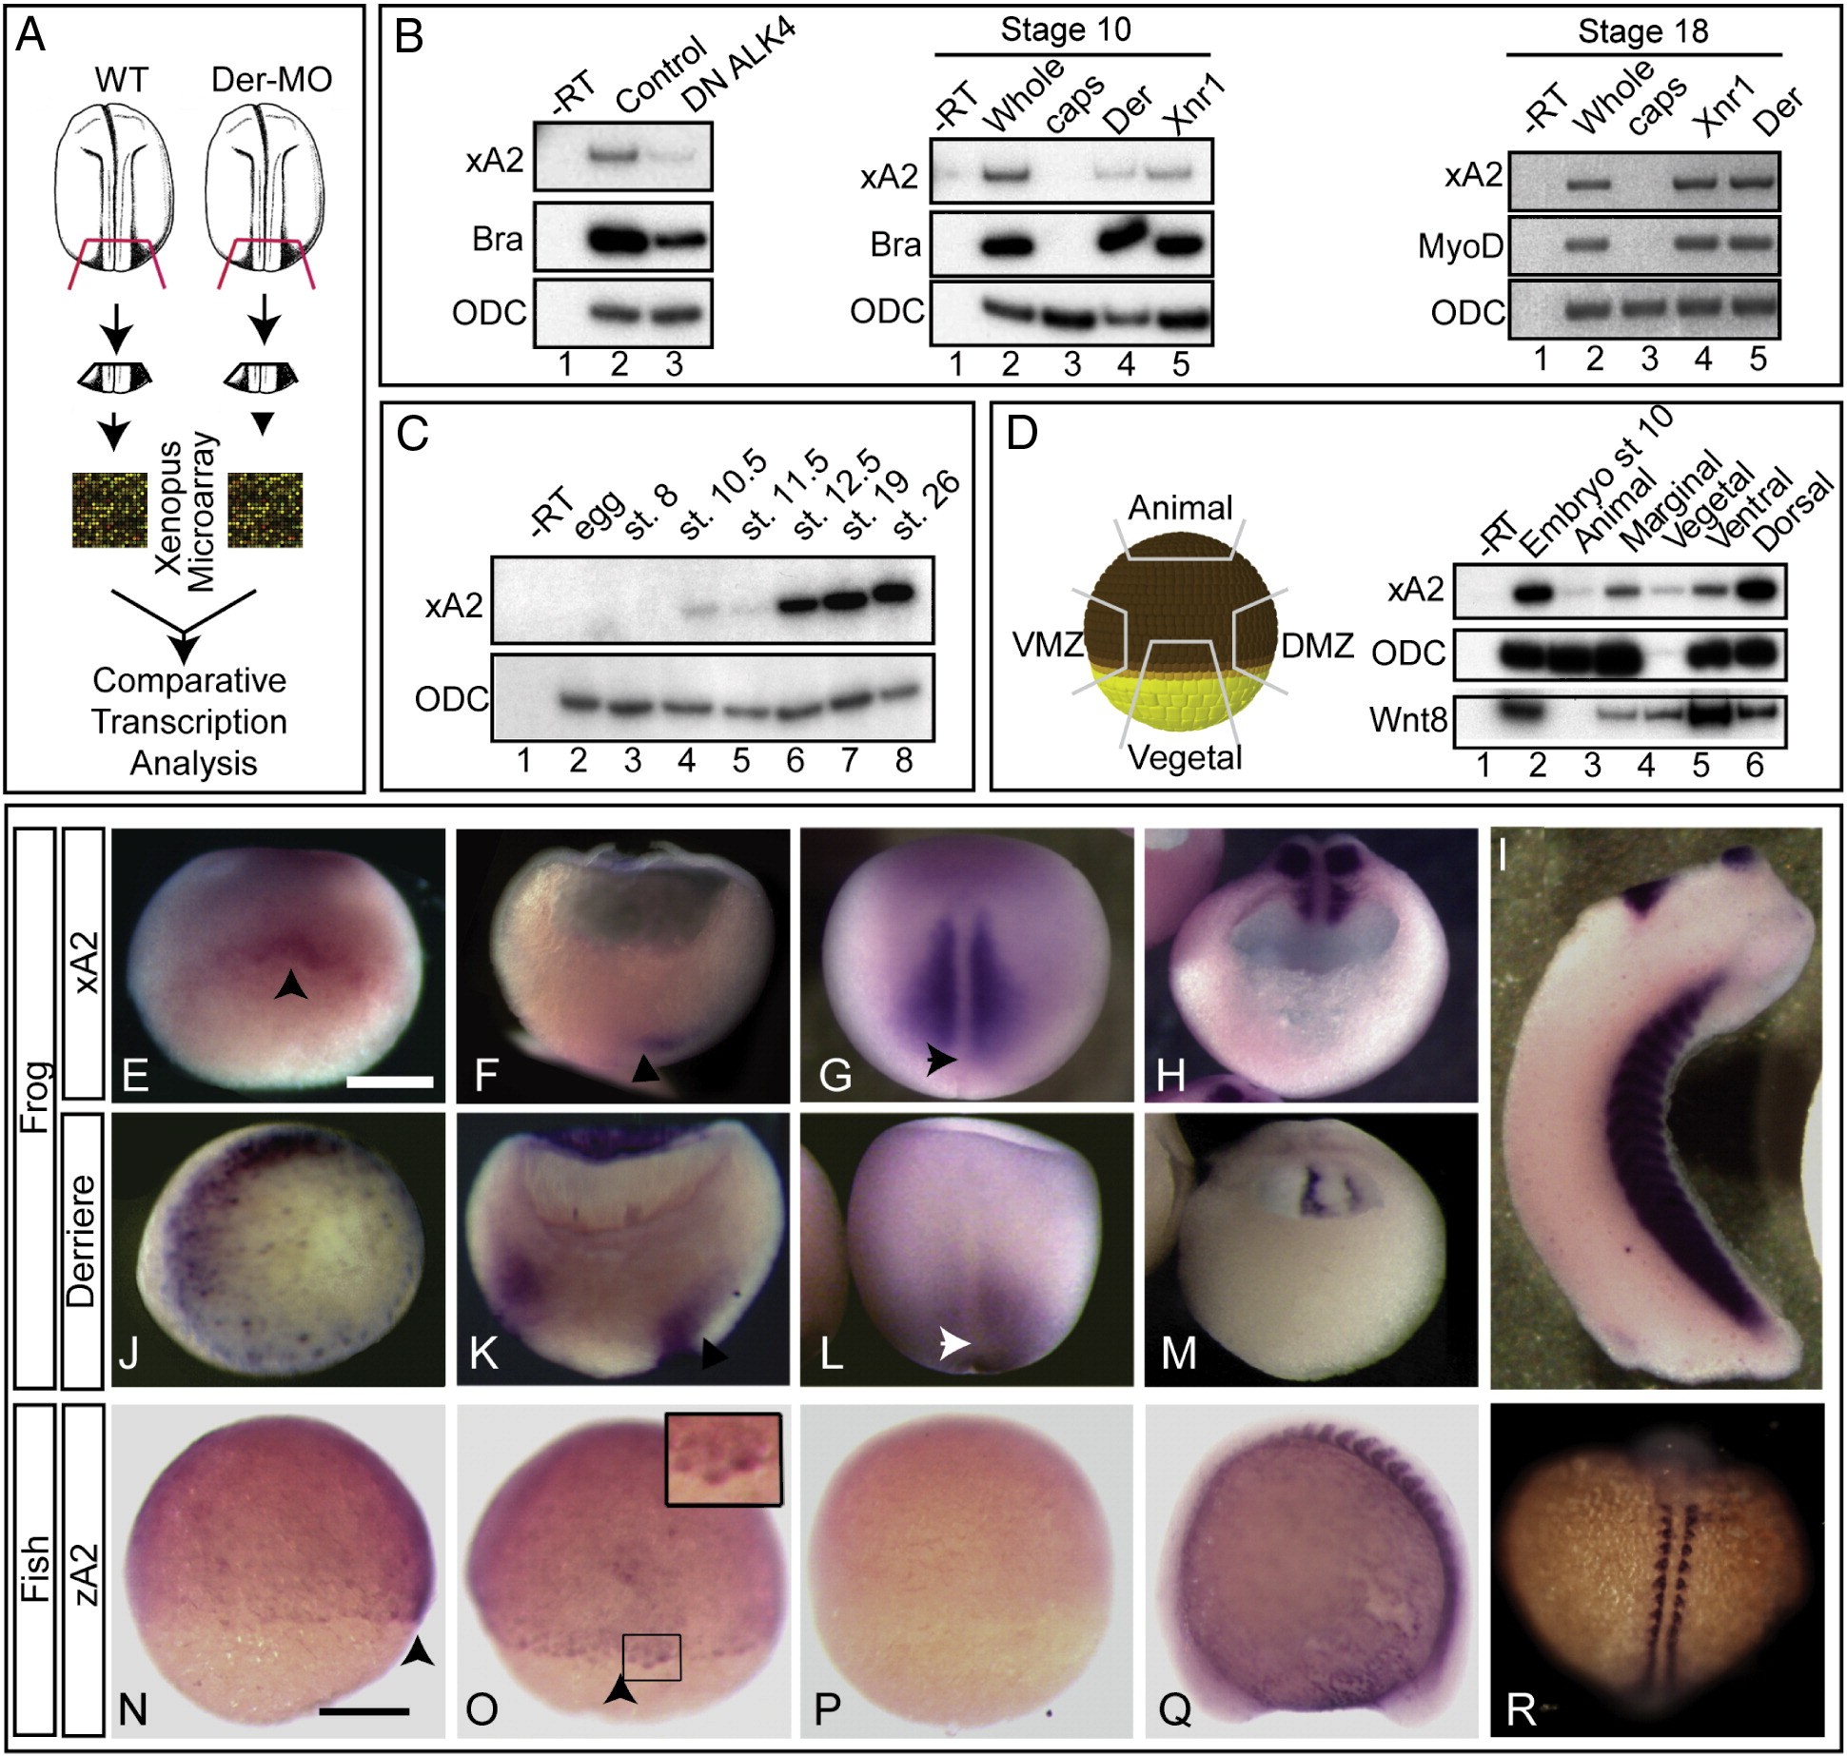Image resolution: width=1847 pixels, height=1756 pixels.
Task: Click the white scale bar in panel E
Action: (390, 1081)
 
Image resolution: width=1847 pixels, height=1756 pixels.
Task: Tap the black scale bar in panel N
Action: (364, 1710)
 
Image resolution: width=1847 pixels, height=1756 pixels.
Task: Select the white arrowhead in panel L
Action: (954, 1342)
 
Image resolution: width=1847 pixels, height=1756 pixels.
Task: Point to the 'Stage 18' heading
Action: (1642, 31)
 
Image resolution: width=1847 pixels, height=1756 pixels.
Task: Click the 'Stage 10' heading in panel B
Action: (1066, 29)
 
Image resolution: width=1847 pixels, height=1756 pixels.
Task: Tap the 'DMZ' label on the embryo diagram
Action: (1317, 646)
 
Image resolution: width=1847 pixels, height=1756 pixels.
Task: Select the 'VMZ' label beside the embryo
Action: (1048, 646)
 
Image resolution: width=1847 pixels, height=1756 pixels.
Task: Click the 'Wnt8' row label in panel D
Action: (1407, 720)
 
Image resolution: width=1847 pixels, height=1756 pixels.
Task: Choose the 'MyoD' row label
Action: (1460, 246)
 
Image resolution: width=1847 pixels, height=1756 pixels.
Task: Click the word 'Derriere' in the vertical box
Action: (83, 1241)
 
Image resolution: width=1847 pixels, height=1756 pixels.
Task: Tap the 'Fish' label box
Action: (35, 1569)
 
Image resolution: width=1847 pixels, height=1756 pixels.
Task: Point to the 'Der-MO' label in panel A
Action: (271, 79)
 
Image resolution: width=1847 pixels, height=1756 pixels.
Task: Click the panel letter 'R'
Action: (1522, 1709)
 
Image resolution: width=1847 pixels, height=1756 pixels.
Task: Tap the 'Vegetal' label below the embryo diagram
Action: (1185, 758)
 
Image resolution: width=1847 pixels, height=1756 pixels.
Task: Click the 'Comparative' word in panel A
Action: (189, 680)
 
